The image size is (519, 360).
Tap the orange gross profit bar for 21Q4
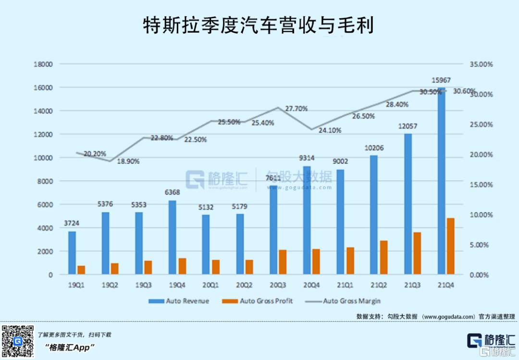450,247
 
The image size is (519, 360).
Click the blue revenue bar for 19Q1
72,253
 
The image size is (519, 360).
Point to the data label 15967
441,80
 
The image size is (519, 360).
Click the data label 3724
72,223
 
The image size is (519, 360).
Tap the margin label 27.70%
296,109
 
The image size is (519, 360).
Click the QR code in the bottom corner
18,342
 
